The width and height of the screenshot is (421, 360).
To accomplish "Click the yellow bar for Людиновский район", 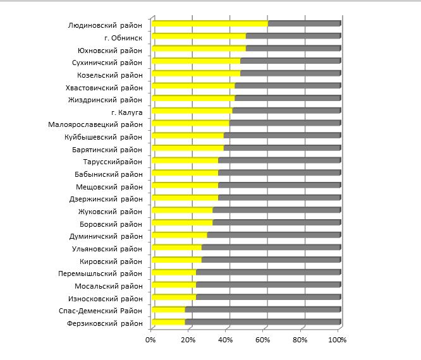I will click(x=209, y=24).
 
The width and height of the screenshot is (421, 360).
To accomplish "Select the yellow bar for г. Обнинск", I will click(x=198, y=36).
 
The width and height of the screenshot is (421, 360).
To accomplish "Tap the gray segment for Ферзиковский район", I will click(x=262, y=322).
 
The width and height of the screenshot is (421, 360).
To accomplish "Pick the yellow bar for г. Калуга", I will click(x=192, y=111).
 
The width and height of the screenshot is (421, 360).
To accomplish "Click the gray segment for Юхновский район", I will click(x=293, y=49).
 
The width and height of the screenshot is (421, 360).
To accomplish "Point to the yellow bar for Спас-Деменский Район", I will click(x=168, y=309).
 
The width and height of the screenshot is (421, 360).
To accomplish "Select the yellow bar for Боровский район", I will click(x=182, y=222).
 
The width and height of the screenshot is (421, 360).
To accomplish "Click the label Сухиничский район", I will click(x=107, y=63).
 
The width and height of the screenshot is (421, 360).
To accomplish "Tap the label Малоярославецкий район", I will click(x=95, y=124).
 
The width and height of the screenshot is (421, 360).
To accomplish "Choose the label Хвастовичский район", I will click(x=104, y=87).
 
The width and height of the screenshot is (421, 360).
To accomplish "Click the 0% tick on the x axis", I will click(x=151, y=340).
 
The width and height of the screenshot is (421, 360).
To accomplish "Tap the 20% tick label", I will click(x=188, y=340).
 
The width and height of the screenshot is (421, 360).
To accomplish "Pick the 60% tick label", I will click(x=263, y=340).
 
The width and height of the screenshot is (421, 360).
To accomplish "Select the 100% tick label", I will click(x=338, y=340).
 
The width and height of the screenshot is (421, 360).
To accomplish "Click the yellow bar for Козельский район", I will click(x=196, y=73).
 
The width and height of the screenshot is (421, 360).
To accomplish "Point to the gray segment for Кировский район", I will click(x=271, y=260).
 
